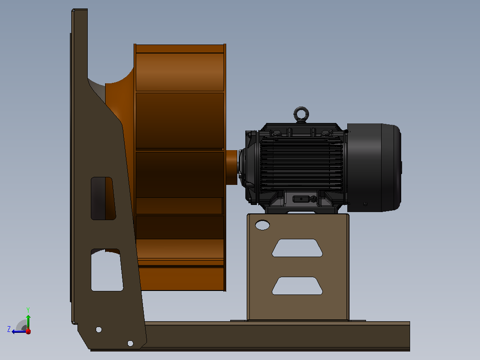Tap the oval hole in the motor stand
[x=262, y=225]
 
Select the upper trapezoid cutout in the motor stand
[x=297, y=248]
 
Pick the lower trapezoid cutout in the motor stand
[x=297, y=286]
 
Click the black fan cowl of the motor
[x=374, y=168]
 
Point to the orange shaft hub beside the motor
[x=232, y=167]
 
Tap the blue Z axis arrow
[x=20, y=331]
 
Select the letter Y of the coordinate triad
[x=28, y=310]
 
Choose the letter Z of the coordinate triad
[x=9, y=329]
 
